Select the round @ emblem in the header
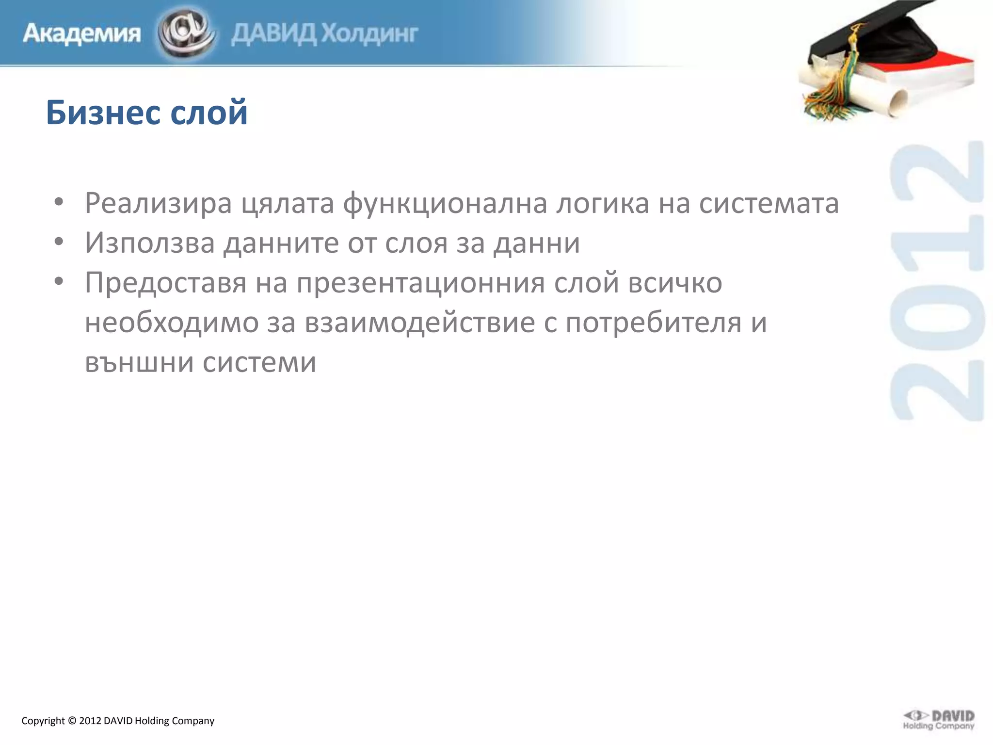tap(185, 32)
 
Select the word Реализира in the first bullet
tap(158, 203)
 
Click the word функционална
tap(445, 203)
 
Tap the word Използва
tap(150, 243)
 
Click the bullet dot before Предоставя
tap(59, 281)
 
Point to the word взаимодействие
tap(420, 322)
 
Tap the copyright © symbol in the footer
tap(72, 721)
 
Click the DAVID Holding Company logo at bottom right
tap(938, 719)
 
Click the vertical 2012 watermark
tap(937, 281)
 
